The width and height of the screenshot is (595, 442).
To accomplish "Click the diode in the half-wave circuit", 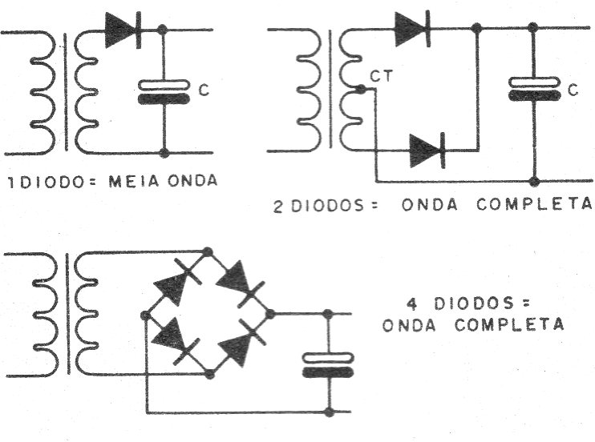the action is (123, 30).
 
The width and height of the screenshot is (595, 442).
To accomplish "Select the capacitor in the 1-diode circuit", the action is (164, 92).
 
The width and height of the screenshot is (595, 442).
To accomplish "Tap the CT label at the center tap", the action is (382, 77).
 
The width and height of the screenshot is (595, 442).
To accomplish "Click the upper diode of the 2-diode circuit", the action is (412, 29).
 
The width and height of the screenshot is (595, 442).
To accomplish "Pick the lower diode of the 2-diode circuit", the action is (427, 151).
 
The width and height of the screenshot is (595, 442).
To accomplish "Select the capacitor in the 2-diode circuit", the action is (534, 89).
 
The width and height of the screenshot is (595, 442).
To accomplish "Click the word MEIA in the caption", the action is (134, 181).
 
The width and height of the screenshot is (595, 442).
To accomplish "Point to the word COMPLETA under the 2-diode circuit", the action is (534, 204).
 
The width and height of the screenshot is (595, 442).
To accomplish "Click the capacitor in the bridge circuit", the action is (328, 365).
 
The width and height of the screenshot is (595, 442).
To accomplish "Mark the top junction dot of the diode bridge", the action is (207, 251).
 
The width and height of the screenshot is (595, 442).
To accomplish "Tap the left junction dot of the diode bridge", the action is (145, 315).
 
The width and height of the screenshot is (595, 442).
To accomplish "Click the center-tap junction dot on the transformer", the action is (361, 90).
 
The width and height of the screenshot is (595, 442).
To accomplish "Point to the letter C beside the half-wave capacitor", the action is (204, 90).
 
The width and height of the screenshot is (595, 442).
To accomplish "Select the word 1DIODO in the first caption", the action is (47, 183).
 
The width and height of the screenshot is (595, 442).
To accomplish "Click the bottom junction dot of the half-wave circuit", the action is (164, 153).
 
